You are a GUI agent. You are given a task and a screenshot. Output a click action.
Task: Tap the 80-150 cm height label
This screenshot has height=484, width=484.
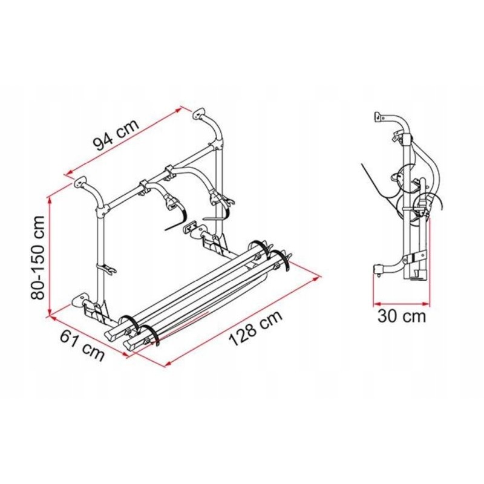click(x=39, y=257)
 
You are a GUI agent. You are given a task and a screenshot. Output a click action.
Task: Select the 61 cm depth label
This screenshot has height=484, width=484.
click(x=82, y=346)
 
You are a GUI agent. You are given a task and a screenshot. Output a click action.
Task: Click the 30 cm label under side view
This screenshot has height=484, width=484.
click(x=402, y=315)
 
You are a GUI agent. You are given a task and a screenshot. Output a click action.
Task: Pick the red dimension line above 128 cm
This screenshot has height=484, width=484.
click(x=242, y=320)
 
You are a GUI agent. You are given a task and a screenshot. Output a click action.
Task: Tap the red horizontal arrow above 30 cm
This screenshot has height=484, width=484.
click(x=402, y=302)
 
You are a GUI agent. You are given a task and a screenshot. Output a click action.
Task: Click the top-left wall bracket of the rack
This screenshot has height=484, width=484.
click(x=80, y=183)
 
